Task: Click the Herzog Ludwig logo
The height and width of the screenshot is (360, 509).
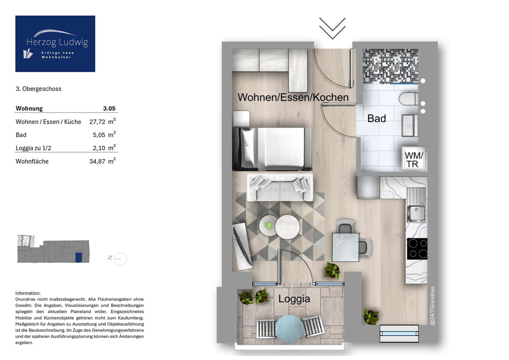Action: pyautogui.click(x=55, y=44)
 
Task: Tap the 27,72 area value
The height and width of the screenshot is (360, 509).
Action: pyautogui.click(x=97, y=122)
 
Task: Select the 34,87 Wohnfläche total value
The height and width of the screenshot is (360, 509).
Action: pyautogui.click(x=97, y=162)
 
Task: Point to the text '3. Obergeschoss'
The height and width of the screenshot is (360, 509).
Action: pyautogui.click(x=39, y=89)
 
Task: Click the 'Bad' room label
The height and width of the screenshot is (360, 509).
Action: pyautogui.click(x=377, y=119)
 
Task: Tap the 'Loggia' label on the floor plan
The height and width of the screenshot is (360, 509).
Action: pyautogui.click(x=294, y=299)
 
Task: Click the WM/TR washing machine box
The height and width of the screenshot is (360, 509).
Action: pyautogui.click(x=414, y=158)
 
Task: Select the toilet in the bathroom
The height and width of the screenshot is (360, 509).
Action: pyautogui.click(x=408, y=99)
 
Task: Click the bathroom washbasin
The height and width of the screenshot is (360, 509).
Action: pyautogui.click(x=410, y=126)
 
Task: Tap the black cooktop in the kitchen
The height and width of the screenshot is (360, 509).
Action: pyautogui.click(x=417, y=249)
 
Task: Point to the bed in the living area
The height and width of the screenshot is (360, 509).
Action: pyautogui.click(x=272, y=149)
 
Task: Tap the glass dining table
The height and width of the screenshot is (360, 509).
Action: pyautogui.click(x=346, y=247)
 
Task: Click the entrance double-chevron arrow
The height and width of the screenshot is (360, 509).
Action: pyautogui.click(x=332, y=28)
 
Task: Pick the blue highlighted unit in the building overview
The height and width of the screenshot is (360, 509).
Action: pyautogui.click(x=78, y=257)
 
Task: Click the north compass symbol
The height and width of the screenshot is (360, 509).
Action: pyautogui.click(x=117, y=259)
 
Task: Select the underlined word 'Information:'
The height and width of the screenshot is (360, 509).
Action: pyautogui.click(x=28, y=293)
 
